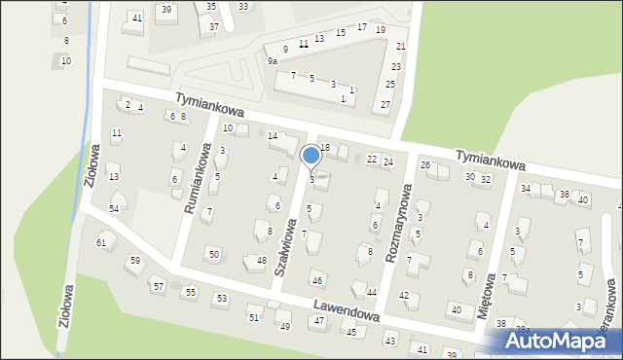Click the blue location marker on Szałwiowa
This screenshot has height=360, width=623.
coord(311,156)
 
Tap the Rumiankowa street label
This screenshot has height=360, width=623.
coord(199,180)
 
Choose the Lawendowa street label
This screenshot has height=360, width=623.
coord(346,312)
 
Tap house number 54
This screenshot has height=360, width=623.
coord(115,208)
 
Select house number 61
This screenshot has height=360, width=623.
coord(100,241)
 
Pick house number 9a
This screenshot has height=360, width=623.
coord(273,60)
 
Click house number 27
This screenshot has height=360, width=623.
coord(385,104)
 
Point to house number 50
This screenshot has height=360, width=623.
coord(214,254)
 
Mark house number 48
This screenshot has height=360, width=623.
coord(261,260)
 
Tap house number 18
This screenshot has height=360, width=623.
coord(325,147)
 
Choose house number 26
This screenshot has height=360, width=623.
coord(425,164)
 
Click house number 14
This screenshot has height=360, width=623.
coord(273,135)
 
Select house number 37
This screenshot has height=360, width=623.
coord(213,26)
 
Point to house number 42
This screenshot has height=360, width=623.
coord(404,295)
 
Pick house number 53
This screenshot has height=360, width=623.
coord(221,298)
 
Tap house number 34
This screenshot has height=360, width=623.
coord(526,188)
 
